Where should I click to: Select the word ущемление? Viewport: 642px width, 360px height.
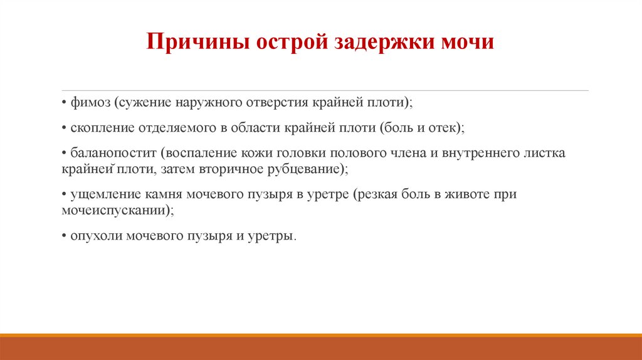coord(100,194)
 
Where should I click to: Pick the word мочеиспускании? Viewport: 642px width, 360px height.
coord(113,211)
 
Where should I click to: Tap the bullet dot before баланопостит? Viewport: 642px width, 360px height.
coord(64,154)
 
